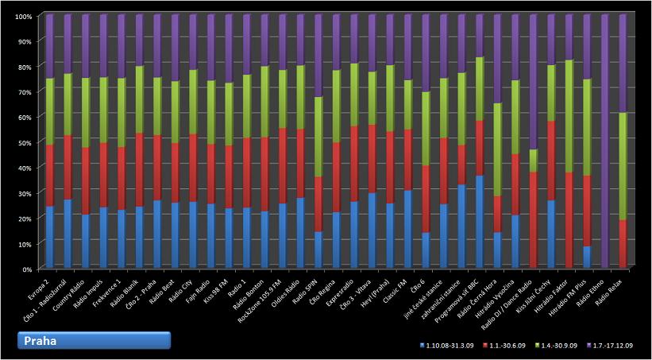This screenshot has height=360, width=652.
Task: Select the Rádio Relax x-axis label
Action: pyautogui.click(x=612, y=291)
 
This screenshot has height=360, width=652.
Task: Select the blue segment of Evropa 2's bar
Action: pyautogui.click(x=50, y=237)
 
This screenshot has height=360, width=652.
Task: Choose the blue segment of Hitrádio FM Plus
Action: pyautogui.click(x=588, y=257)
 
